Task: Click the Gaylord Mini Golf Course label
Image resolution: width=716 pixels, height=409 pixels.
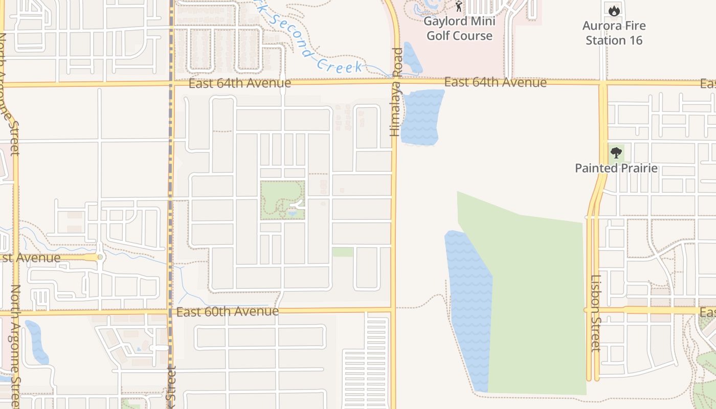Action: [459, 29]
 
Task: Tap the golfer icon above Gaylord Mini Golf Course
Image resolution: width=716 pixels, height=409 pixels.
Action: [459, 7]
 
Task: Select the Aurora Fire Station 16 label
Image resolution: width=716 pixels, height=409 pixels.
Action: [614, 33]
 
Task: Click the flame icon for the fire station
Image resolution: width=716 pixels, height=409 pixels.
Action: [614, 9]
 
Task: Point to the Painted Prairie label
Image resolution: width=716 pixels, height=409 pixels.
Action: [616, 168]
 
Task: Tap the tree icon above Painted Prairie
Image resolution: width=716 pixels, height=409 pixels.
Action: [616, 152]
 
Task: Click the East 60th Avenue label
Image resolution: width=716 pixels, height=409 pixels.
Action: [228, 311]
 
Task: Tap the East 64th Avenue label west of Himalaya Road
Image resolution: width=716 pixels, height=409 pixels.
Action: [239, 83]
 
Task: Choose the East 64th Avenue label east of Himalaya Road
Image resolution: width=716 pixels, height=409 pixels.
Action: [495, 82]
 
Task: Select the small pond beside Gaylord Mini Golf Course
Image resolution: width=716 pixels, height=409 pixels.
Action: [412, 58]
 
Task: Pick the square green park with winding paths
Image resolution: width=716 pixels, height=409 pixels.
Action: [282, 200]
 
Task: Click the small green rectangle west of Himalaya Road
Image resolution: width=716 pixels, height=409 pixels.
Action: [343, 252]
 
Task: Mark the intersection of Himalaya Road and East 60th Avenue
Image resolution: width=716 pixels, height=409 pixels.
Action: [393, 310]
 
